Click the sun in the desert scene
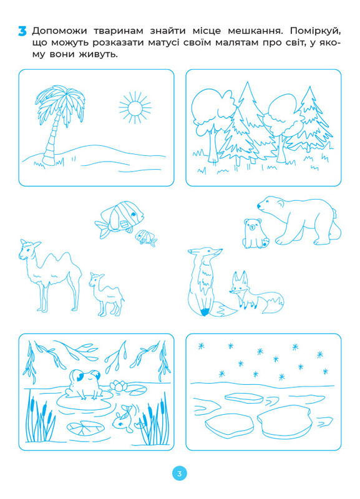click(x=135, y=107)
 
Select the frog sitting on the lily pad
click(x=83, y=384)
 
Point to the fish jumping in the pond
click(x=125, y=419)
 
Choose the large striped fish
click(x=119, y=218)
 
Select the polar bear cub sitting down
click(x=255, y=233)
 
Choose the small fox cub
click(x=256, y=293)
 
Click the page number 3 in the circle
click(x=179, y=473)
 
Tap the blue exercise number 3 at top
click(x=22, y=32)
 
